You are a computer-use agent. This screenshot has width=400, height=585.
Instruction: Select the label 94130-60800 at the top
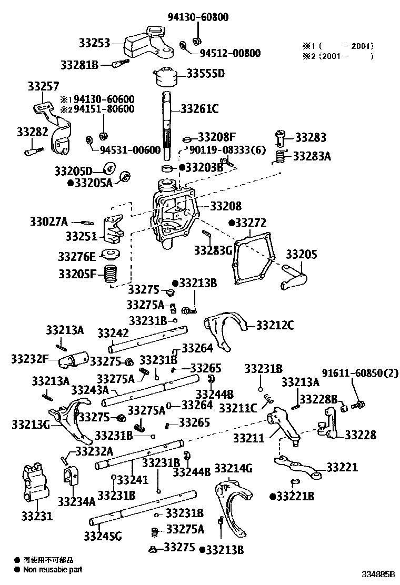tap(198, 17)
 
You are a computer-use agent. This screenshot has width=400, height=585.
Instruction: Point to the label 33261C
tap(199, 109)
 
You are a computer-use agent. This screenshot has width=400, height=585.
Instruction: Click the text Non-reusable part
tap(53, 569)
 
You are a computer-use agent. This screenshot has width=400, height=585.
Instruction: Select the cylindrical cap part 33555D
tap(167, 77)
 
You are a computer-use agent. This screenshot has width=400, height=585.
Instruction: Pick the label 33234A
tap(76, 501)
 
